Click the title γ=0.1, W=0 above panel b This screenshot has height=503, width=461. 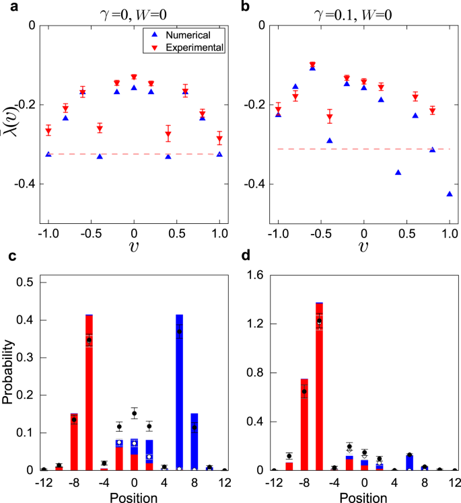363,9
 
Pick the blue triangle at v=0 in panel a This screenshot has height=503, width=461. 134,87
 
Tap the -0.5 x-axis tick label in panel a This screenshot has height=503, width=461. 90,237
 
